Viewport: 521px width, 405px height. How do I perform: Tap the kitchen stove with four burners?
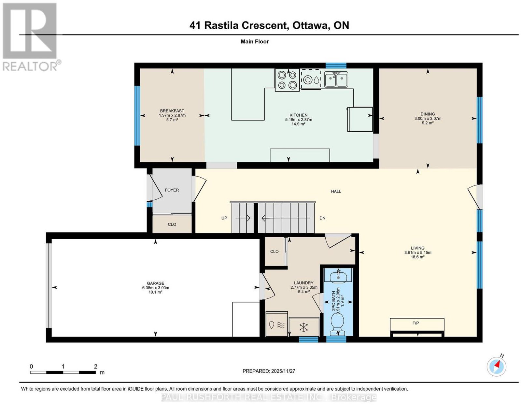[x=287, y=80]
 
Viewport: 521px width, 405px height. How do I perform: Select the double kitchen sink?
[x=336, y=79]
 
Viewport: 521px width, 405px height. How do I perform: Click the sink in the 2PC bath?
[x=338, y=276]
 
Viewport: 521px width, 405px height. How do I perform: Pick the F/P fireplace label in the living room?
[x=415, y=323]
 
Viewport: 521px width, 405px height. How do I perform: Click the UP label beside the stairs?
[x=224, y=218]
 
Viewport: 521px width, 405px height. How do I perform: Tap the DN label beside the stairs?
[x=322, y=218]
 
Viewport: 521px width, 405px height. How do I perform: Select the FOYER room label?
[x=172, y=190]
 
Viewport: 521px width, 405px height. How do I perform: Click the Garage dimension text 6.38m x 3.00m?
[x=156, y=288]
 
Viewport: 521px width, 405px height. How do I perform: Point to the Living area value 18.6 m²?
[x=418, y=257]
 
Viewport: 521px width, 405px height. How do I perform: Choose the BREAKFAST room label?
[x=172, y=111]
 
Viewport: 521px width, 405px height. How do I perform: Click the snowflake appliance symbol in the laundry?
[x=303, y=327]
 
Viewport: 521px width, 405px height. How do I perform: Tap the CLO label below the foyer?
[x=172, y=224]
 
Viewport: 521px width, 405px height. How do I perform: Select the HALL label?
[x=336, y=191]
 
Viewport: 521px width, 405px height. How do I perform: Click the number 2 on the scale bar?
[x=96, y=367]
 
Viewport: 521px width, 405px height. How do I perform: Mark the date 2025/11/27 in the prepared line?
[x=283, y=371]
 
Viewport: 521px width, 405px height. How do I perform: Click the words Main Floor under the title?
[x=255, y=41]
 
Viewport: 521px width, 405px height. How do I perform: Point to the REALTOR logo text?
[x=30, y=66]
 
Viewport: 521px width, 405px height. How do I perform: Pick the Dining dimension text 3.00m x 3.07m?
[x=428, y=119]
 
